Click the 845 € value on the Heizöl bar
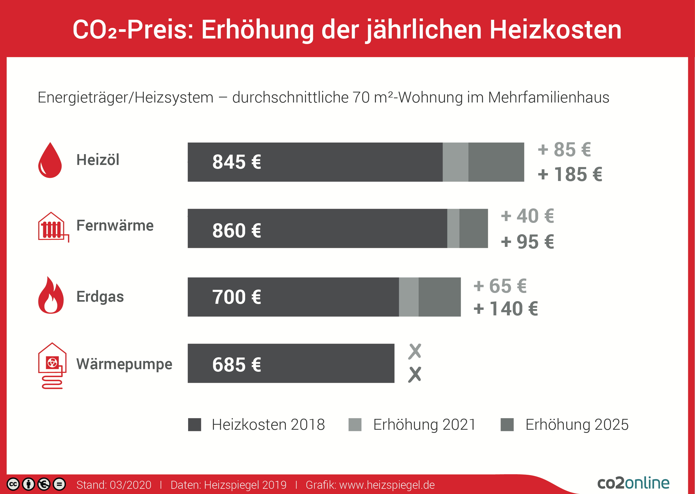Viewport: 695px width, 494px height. pos(236,162)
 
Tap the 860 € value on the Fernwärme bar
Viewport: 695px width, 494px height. pos(236,231)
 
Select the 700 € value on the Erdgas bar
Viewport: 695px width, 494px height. pos(236,297)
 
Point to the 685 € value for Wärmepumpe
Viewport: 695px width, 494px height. pos(236,365)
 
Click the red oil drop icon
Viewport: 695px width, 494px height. pos(50,161)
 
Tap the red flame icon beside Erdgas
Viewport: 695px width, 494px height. pos(51,296)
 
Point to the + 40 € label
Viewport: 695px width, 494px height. pos(527,216)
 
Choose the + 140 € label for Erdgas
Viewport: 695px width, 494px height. pos(506,309)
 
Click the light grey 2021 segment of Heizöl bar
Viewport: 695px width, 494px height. pos(455,162)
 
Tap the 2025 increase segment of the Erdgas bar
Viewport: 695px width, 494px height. pos(439,297)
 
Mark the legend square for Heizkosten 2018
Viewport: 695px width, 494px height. pos(194,425)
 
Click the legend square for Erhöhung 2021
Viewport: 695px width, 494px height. pos(355,425)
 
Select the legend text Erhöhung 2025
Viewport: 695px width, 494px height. pos(577,425)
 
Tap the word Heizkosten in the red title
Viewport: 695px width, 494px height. pos(555,30)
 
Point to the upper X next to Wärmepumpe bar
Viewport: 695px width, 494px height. pos(415,351)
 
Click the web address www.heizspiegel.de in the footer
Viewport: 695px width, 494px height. pos(387,485)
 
